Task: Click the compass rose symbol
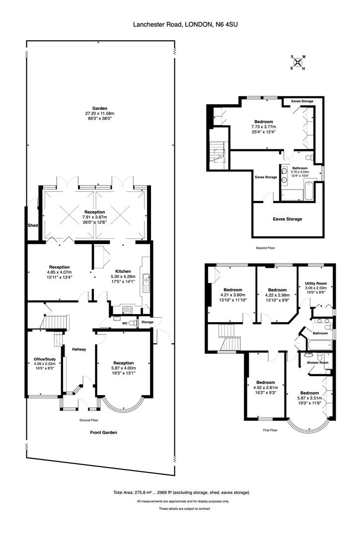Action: pyautogui.click(x=297, y=63)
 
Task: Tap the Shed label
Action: pyautogui.click(x=33, y=225)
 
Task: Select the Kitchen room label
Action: pyautogui.click(x=123, y=271)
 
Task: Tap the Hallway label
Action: pyautogui.click(x=79, y=349)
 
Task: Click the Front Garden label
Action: pyautogui.click(x=103, y=432)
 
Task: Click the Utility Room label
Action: pyautogui.click(x=315, y=283)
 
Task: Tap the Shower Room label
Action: pyautogui.click(x=318, y=362)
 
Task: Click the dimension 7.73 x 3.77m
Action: pyautogui.click(x=263, y=127)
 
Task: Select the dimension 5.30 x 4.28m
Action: pyautogui.click(x=123, y=277)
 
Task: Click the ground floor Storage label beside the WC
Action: pyautogui.click(x=148, y=322)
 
